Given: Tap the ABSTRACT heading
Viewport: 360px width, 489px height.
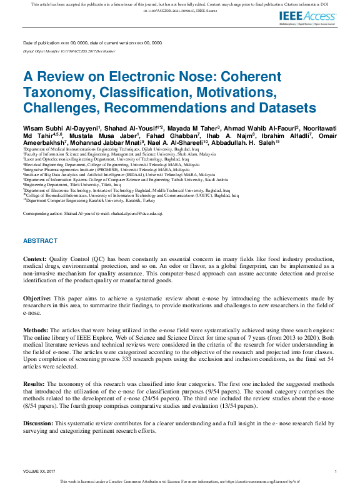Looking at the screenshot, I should [40, 241].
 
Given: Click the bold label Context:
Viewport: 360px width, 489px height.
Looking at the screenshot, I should [34, 259].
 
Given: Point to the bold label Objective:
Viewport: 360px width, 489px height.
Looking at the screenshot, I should [37, 299].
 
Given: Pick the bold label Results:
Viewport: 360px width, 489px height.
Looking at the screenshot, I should [34, 384].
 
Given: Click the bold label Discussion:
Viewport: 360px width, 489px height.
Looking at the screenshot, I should [39, 424].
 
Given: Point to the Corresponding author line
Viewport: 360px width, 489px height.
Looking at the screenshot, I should [92, 214].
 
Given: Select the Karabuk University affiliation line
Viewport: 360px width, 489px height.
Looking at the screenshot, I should [88, 200].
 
